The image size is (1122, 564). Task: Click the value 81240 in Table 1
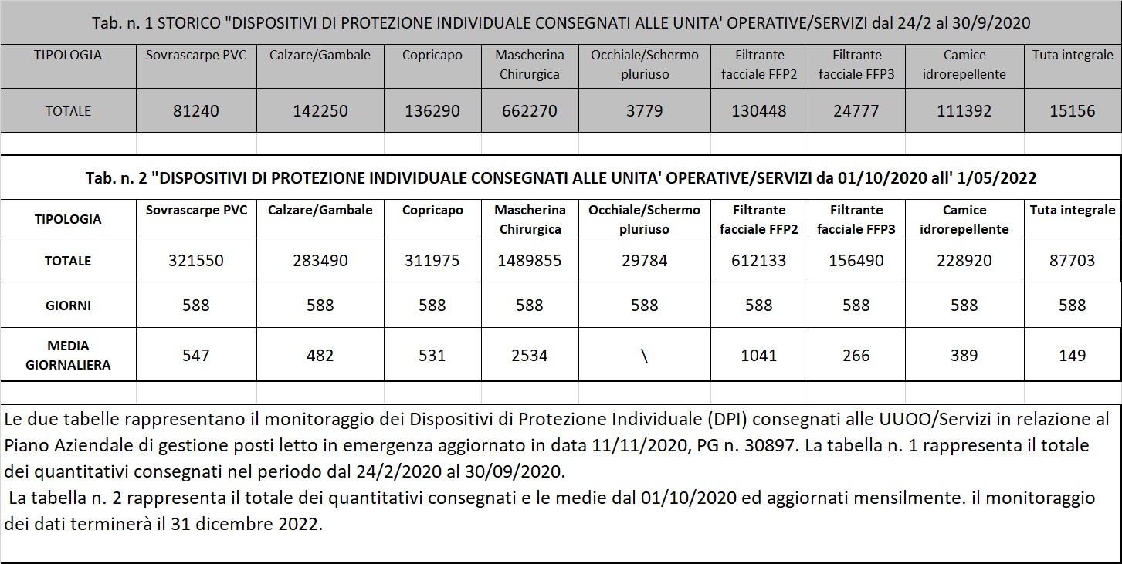pyautogui.click(x=196, y=111)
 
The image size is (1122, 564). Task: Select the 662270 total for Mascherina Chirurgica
pyautogui.click(x=529, y=111)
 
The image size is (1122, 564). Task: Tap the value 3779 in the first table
pyautogui.click(x=644, y=111)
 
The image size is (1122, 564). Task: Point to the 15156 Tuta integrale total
pyautogui.click(x=1072, y=111)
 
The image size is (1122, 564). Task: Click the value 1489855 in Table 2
pyautogui.click(x=529, y=261)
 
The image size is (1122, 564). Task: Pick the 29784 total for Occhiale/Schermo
pyautogui.click(x=644, y=261)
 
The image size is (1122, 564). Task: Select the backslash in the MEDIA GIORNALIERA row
pyautogui.click(x=644, y=356)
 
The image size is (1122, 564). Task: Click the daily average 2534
pyautogui.click(x=529, y=356)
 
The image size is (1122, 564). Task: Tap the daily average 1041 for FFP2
pyautogui.click(x=758, y=356)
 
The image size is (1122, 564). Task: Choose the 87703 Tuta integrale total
pyautogui.click(x=1072, y=261)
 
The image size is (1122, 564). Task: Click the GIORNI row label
pyautogui.click(x=68, y=306)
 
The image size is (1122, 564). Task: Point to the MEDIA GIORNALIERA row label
pyautogui.click(x=68, y=355)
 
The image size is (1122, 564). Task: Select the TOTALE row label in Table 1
pyautogui.click(x=68, y=111)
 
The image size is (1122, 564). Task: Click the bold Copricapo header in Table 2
pyautogui.click(x=432, y=210)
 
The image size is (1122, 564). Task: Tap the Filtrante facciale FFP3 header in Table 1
pyautogui.click(x=856, y=64)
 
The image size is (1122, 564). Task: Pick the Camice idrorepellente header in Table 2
pyautogui.click(x=964, y=219)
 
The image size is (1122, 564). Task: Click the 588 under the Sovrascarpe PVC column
pyautogui.click(x=196, y=306)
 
